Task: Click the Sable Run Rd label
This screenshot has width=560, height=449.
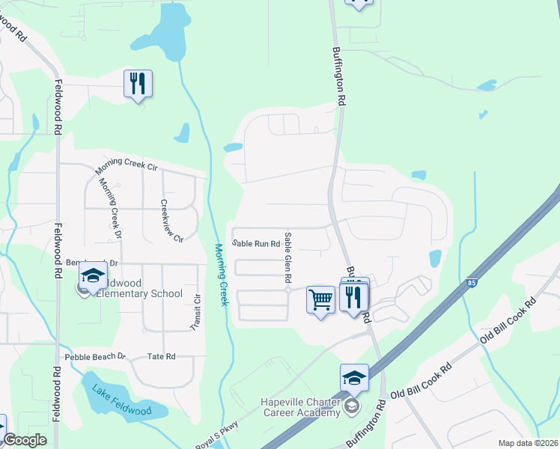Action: tap(255, 243)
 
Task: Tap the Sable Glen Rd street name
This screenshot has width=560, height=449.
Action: tap(287, 257)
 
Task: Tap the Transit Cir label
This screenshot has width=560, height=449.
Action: tap(197, 312)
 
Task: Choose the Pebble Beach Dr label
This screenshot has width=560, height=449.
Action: tap(95, 357)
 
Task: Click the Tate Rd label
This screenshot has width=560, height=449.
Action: tap(161, 357)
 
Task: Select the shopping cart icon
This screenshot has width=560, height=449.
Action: tap(321, 299)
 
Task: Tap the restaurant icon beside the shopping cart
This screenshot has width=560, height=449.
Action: tap(351, 297)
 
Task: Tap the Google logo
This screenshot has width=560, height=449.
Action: tap(25, 440)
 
